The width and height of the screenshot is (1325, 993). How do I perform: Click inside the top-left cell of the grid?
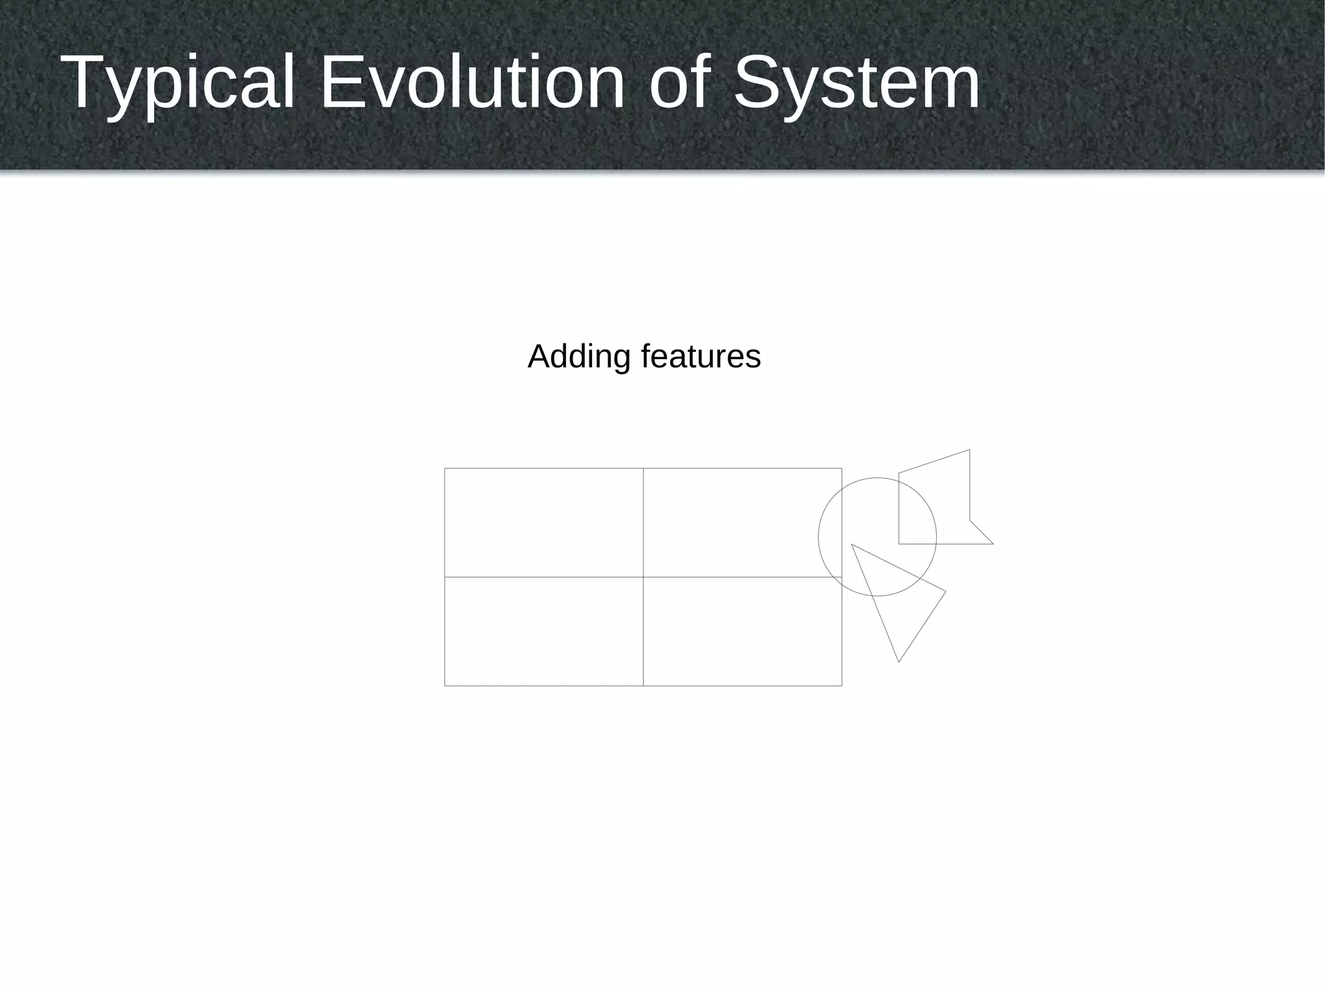click(x=543, y=522)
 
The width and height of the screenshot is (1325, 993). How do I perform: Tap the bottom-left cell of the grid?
click(x=543, y=631)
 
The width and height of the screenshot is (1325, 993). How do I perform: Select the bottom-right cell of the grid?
click(x=742, y=631)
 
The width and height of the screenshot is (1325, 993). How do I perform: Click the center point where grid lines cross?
click(x=643, y=576)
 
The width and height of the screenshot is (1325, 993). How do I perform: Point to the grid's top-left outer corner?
click(x=445, y=468)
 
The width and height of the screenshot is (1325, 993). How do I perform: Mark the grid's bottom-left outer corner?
click(x=445, y=685)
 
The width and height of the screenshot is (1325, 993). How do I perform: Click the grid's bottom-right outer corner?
click(x=842, y=685)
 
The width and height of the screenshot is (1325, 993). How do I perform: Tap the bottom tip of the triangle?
click(x=899, y=662)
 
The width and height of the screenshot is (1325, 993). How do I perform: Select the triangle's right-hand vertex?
click(x=946, y=591)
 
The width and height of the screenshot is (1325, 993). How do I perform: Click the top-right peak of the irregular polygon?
click(x=969, y=450)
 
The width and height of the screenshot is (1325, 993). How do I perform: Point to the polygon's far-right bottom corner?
click(x=993, y=544)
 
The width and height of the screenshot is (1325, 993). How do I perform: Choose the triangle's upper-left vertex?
click(x=851, y=545)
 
